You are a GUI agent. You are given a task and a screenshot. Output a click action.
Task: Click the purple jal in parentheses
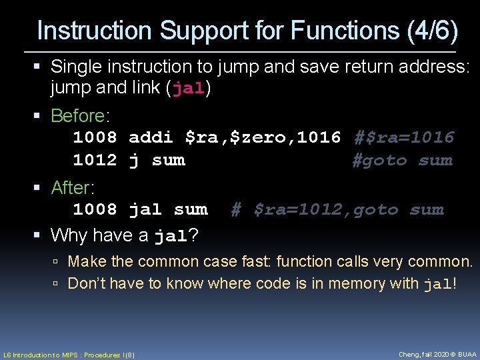pos(189,89)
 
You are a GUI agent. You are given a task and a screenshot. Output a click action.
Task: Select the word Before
pos(77,116)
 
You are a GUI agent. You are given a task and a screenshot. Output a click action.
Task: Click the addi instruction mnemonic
pos(151,138)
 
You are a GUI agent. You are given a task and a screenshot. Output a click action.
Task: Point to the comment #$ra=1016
pos(403,138)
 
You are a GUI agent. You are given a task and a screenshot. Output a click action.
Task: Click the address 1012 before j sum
pos(95,161)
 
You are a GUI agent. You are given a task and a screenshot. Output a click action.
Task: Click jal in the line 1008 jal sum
pos(145,210)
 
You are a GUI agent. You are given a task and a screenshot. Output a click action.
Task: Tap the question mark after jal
pos(193,235)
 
